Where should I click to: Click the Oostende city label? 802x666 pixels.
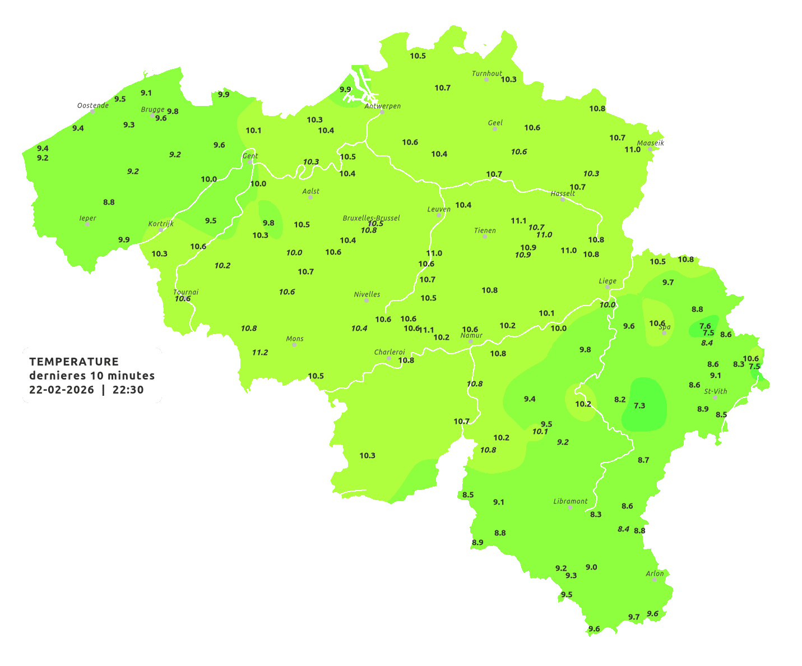pos(92,105)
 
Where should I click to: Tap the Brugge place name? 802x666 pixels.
pos(152,110)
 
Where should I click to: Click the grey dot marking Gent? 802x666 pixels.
pos(250,162)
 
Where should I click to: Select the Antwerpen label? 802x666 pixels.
pos(383,106)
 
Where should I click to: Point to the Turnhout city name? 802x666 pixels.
pos(486,73)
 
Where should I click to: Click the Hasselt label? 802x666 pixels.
pos(563,193)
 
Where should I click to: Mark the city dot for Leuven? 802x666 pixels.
pos(439,215)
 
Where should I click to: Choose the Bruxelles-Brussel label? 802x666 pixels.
pos(371,218)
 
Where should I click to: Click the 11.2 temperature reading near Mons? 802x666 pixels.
pos(259,353)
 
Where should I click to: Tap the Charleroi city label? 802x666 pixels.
pos(389,352)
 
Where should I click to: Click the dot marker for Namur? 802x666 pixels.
pos(471,341)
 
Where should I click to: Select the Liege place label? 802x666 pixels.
pos(608,281)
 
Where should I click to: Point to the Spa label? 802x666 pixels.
pos(665,327)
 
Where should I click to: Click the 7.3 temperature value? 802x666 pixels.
pos(639,406)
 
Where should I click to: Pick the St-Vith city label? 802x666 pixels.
pos(715,391)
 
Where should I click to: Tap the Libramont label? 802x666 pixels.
pos(570,501)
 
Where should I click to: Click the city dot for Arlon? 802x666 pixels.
pos(655,579)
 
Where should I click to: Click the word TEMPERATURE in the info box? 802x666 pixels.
pos(74,362)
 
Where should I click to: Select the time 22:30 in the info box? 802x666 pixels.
pos(128,390)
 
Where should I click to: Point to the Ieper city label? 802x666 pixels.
pos(87,218)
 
